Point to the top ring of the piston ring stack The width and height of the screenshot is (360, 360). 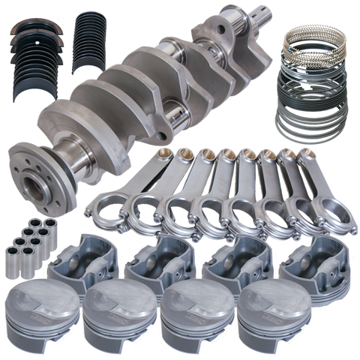(315, 42)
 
